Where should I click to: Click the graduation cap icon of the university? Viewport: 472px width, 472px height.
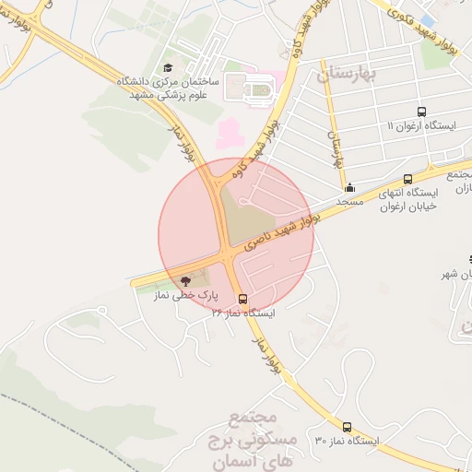click(x=168, y=68)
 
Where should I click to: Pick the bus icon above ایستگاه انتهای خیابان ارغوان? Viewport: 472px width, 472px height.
click(x=407, y=180)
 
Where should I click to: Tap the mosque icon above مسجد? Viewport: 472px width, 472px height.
click(x=349, y=187)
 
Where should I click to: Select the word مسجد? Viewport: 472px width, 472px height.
click(x=350, y=200)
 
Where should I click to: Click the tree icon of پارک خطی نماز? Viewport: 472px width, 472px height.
click(x=185, y=280)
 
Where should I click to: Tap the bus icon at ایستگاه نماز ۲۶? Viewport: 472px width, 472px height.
click(x=242, y=299)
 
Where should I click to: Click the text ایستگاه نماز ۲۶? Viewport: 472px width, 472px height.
click(x=243, y=313)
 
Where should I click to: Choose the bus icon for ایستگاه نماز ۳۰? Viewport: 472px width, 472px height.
click(x=347, y=427)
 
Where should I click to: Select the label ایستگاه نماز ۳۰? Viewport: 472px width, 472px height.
click(x=347, y=441)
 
